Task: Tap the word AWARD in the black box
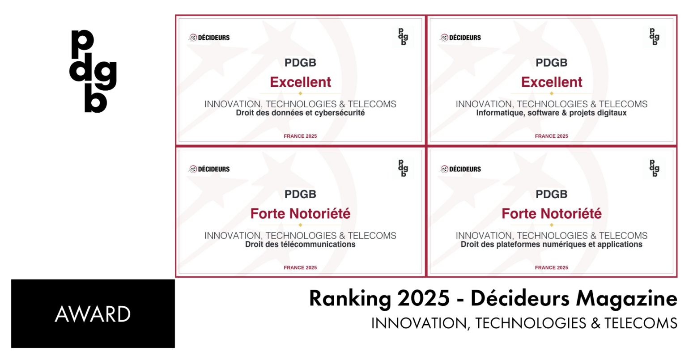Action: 93,314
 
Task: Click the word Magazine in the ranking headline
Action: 626,299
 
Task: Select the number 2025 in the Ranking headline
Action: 423,298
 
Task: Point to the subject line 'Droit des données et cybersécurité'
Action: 300,113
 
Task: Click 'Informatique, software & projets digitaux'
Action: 551,113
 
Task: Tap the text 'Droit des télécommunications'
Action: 300,245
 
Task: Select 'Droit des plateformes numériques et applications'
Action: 551,245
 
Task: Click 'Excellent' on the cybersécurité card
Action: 300,82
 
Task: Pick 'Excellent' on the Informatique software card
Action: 552,82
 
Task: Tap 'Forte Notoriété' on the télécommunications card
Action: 300,214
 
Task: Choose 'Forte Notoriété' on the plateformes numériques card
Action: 552,214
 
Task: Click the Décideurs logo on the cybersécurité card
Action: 209,38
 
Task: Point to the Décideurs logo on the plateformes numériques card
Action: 460,169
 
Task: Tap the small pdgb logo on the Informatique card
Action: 654,37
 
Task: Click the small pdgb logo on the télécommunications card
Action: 403,169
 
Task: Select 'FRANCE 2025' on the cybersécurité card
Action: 300,136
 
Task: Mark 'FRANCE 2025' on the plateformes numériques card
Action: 552,267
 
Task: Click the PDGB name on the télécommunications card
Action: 300,194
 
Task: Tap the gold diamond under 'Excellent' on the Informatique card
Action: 552,93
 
